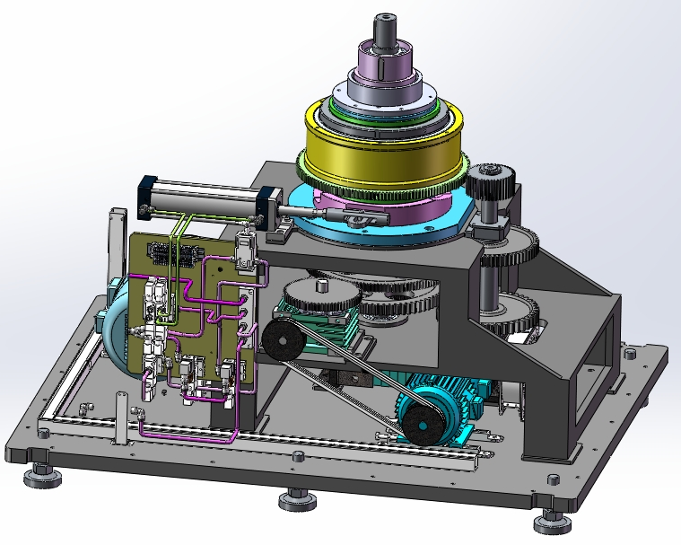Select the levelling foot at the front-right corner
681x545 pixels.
pos(549,520)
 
